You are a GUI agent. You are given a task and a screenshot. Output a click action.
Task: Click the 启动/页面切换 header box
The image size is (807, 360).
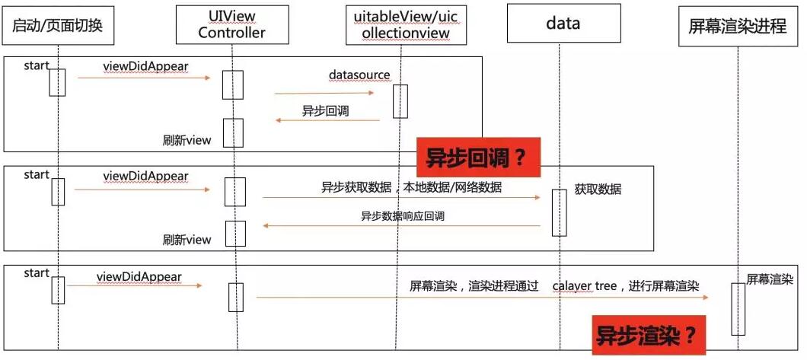57,26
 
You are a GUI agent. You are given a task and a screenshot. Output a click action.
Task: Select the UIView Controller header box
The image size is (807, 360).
231,24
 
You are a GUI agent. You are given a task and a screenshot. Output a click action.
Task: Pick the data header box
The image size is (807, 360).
563,23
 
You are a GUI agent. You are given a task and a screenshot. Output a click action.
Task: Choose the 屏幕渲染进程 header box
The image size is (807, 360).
737,26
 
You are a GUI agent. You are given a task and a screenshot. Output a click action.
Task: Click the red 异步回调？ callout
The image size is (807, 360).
477,158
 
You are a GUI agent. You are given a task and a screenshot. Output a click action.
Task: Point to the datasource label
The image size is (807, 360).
359,75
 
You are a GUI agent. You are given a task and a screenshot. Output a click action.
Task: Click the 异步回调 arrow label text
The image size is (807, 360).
325,110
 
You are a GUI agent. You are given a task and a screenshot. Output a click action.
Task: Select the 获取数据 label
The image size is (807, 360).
598,189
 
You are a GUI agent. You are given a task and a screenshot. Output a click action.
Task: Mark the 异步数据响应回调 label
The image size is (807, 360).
402,216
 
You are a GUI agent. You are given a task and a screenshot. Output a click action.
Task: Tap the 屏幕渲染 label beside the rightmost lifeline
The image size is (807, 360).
769,279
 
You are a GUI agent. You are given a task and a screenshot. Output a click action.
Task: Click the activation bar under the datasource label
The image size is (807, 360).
400,101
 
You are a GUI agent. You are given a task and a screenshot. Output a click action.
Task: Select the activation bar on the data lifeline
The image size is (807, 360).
560,212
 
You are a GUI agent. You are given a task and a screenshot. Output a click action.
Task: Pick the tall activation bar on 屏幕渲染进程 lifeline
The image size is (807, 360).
738,309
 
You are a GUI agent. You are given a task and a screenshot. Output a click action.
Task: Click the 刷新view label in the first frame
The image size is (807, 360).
187,140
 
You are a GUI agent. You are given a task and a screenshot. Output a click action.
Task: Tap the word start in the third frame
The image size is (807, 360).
37,273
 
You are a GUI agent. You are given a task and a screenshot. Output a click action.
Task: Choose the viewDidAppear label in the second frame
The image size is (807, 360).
145,176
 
